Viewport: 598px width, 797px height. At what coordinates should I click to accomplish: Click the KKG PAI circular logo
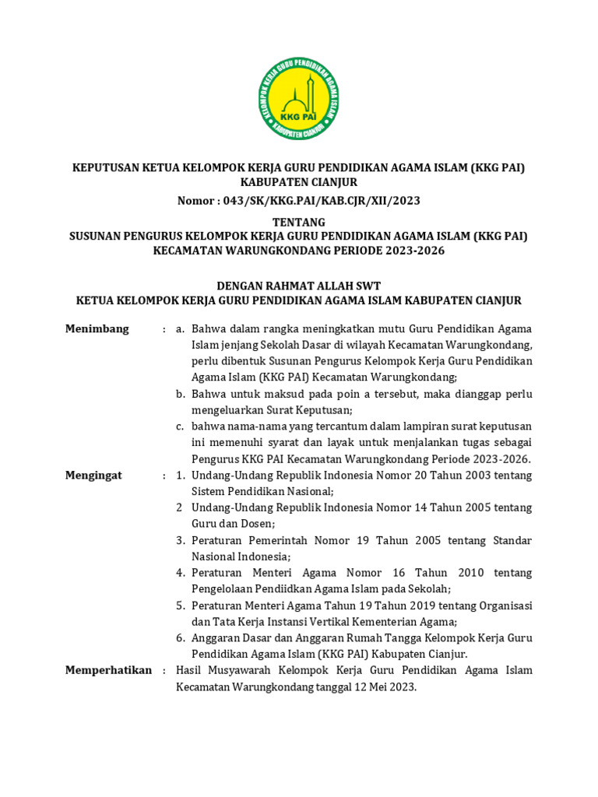point(299,103)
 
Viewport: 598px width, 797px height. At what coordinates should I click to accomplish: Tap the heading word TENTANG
point(299,223)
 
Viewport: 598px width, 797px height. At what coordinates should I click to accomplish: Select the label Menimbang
point(97,329)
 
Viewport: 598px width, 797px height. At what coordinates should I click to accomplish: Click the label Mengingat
point(94,475)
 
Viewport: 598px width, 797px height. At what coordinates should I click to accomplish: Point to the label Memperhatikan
point(108,670)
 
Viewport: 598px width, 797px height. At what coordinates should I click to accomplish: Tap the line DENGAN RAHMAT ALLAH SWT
point(299,286)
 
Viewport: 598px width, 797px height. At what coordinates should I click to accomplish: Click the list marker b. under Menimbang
point(180,394)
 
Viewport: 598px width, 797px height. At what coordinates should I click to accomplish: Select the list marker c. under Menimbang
point(180,426)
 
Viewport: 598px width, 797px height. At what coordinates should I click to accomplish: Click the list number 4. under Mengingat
point(180,573)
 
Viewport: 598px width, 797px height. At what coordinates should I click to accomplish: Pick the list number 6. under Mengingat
point(180,637)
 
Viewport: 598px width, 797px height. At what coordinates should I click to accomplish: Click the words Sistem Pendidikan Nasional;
point(262,491)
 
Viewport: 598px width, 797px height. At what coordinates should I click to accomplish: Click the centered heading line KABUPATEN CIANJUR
point(299,182)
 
